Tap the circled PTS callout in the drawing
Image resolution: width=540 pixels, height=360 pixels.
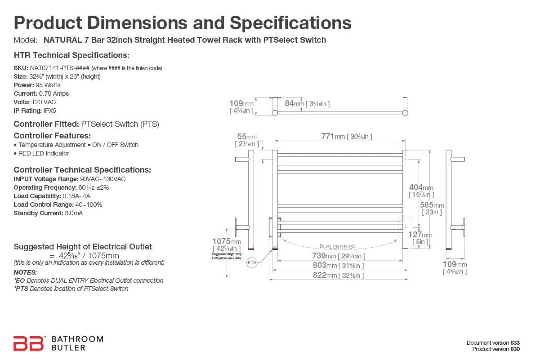[252, 263]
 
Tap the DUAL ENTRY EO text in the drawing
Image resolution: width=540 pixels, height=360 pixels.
[337, 246]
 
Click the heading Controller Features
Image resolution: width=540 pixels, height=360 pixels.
[52, 136]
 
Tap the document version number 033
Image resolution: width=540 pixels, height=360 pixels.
[515, 342]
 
